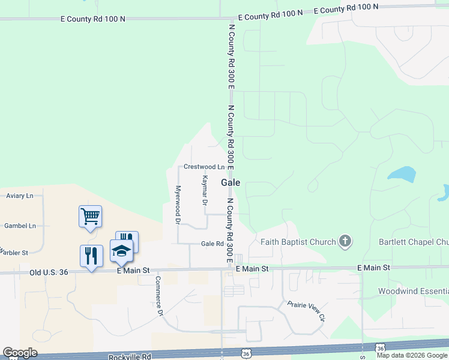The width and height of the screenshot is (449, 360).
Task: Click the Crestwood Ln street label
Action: click(x=203, y=166)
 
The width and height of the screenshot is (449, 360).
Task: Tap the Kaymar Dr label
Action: click(x=204, y=191)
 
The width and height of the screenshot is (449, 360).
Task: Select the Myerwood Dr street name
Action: click(x=178, y=205)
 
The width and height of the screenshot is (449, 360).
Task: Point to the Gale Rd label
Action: click(x=212, y=244)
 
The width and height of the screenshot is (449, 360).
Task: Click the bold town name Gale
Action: click(x=231, y=182)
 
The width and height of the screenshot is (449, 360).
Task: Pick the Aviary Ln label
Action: click(x=19, y=196)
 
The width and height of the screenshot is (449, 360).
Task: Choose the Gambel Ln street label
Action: click(x=20, y=226)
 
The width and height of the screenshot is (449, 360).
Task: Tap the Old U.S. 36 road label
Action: click(x=50, y=272)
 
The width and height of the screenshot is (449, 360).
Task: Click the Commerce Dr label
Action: click(x=159, y=296)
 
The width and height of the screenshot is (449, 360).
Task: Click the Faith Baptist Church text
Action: click(x=298, y=242)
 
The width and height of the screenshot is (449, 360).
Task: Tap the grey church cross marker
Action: click(x=345, y=242)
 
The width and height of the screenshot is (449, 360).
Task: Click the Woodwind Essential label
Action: click(x=412, y=291)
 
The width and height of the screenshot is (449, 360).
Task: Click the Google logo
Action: click(x=20, y=353)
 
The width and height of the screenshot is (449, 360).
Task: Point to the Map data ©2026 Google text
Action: click(x=412, y=355)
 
